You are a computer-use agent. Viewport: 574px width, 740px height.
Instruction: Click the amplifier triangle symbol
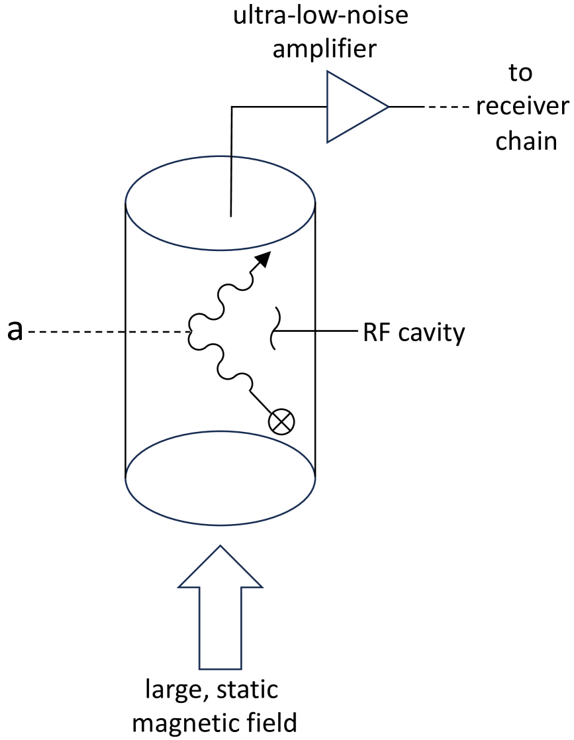pos(351,107)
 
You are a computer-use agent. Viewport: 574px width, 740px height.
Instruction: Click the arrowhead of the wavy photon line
pos(263,260)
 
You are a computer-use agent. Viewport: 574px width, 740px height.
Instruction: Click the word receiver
pos(522,107)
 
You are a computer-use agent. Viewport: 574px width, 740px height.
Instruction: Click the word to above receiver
pos(520,74)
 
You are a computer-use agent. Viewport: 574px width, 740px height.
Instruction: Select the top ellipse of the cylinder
pos(220,205)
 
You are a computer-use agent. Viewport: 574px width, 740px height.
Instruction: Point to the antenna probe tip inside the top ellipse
pos(230,214)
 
